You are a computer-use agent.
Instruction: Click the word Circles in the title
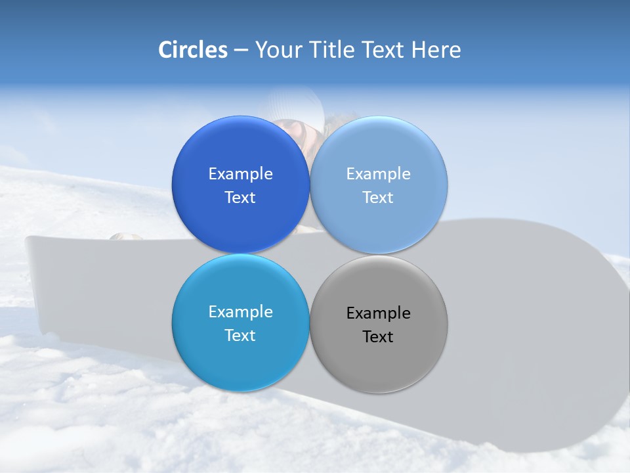tap(192, 50)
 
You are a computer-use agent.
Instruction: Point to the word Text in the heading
tap(384, 50)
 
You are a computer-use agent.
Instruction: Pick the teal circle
tap(240, 358)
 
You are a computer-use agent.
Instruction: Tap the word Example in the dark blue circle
tap(240, 174)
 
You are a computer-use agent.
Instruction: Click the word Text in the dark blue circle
tap(240, 198)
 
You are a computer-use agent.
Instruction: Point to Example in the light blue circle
tap(379, 174)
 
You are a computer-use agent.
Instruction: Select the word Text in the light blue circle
tap(379, 198)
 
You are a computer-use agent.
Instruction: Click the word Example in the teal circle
tap(240, 312)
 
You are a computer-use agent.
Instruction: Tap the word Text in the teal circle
tap(240, 336)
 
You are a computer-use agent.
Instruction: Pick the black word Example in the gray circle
tap(379, 313)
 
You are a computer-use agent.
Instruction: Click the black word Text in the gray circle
tap(379, 337)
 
